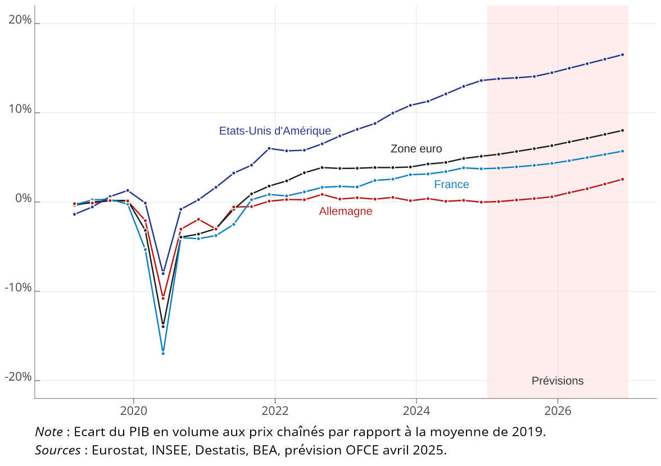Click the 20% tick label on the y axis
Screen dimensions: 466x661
coord(20,20)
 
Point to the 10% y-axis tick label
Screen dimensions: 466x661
coord(20,109)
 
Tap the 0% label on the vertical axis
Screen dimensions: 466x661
coord(24,199)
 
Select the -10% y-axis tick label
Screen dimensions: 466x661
coord(18,288)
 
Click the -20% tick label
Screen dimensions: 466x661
coord(18,377)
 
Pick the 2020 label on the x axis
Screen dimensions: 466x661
coord(134,411)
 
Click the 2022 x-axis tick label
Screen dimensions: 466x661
coord(275,411)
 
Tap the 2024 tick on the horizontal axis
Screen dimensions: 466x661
coord(416,411)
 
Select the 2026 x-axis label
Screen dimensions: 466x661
coord(557,411)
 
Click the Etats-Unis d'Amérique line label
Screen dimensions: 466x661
coord(275,131)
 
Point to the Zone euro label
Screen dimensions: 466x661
coord(416,149)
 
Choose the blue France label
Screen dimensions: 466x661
coord(451,185)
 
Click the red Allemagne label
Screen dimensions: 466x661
coord(346,212)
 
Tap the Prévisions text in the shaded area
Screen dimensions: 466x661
coord(558,381)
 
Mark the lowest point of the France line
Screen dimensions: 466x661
coord(163,353)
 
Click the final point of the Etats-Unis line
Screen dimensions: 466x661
coord(622,54)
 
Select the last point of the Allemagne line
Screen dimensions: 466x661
coord(622,179)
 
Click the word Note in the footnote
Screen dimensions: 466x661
coord(49,432)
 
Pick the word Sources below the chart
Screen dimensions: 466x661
coord(58,450)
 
